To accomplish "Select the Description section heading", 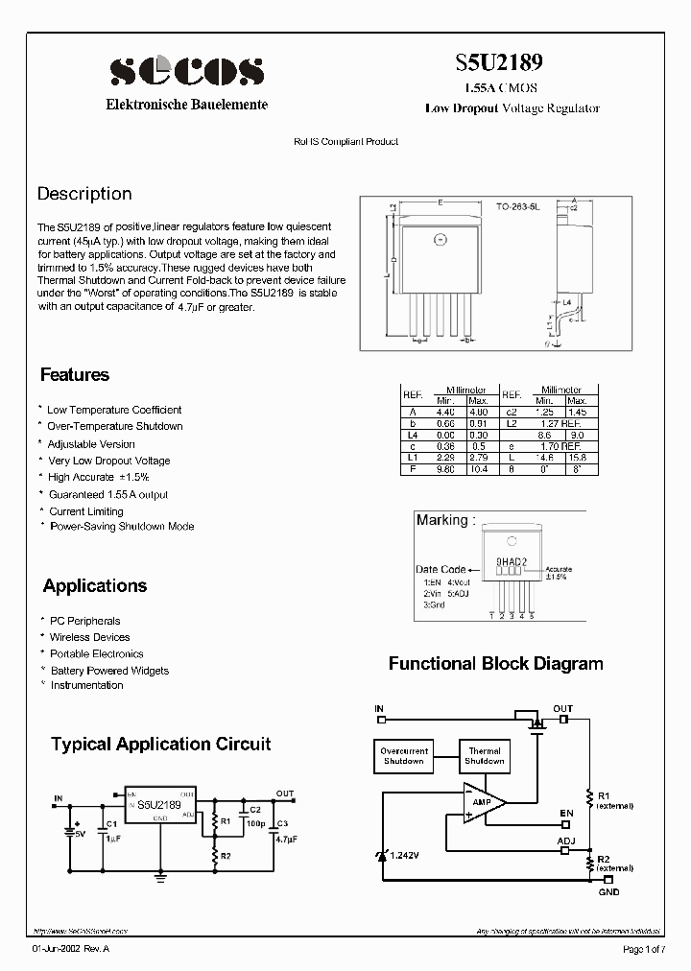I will pos(83,194).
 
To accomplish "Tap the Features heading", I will pos(75,375).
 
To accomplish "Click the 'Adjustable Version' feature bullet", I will pos(91,444).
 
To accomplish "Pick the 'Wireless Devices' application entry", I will pos(89,637).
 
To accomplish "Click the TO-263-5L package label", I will pos(517,206).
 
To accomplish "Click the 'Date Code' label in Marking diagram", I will pos(441,569).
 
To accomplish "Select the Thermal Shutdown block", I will pos(485,756).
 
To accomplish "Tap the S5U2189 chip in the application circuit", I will pos(158,806).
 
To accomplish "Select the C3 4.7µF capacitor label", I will pos(281,832).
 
